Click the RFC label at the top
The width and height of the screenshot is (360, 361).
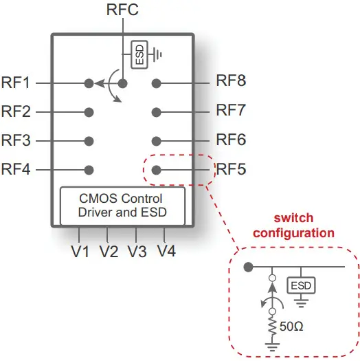click(122, 10)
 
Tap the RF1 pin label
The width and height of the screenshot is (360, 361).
click(16, 83)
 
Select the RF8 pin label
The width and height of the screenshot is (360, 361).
click(231, 80)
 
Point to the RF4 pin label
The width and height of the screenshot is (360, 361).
click(16, 169)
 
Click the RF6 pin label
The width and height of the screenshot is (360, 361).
click(231, 139)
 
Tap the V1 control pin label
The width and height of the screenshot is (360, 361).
click(80, 251)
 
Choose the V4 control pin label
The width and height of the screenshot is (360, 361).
click(166, 251)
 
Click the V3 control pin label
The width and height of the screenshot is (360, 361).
click(137, 251)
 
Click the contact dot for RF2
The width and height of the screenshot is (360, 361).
click(89, 112)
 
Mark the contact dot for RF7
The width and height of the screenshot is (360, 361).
click(157, 112)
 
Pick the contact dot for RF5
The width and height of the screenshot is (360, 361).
click(157, 170)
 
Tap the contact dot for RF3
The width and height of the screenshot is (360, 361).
click(89, 141)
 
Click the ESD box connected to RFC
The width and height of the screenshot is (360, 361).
click(139, 54)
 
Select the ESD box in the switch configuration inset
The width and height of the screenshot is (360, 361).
click(301, 285)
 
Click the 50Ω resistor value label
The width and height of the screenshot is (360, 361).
click(291, 327)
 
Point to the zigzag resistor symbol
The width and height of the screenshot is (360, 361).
click(272, 326)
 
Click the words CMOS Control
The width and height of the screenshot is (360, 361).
click(121, 199)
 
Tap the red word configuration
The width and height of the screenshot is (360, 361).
click(294, 233)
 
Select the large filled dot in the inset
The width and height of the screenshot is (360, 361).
click(248, 267)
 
